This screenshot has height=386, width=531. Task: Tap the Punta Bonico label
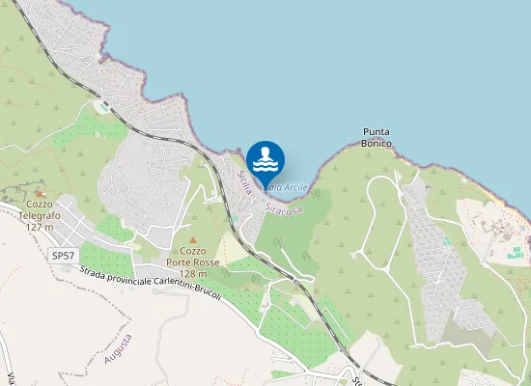click(x=377, y=137)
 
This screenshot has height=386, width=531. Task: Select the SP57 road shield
click(x=63, y=255)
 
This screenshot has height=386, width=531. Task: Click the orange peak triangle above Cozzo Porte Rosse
click(x=193, y=239)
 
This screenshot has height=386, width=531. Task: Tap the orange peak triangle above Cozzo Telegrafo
click(x=39, y=193)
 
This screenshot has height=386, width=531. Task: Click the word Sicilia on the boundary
click(x=244, y=180)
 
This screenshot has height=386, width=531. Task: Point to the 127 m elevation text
click(x=39, y=227)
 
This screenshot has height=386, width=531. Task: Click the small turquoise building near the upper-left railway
click(x=102, y=106)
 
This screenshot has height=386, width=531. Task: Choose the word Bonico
click(x=377, y=143)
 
